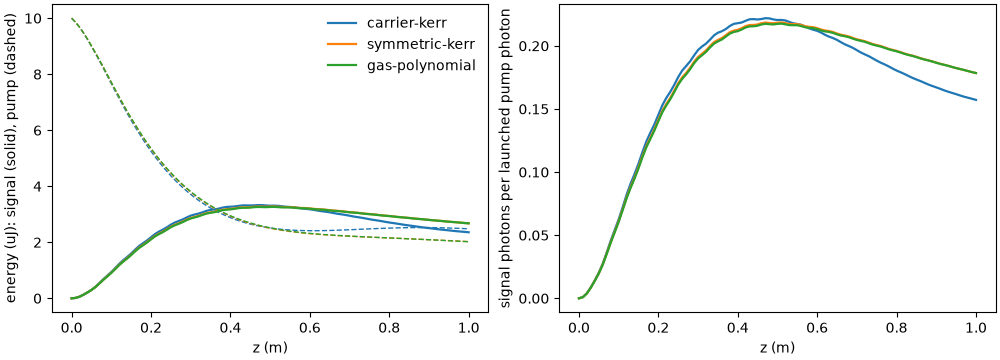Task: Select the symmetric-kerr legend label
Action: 422,45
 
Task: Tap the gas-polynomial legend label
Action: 422,65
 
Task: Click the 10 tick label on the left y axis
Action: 35,19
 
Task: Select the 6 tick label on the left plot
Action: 39,131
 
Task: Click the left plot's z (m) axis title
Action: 270,349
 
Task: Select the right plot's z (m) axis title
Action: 777,349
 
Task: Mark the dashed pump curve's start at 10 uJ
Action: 72,19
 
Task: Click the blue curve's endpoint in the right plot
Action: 976,100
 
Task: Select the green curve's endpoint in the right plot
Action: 976,73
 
